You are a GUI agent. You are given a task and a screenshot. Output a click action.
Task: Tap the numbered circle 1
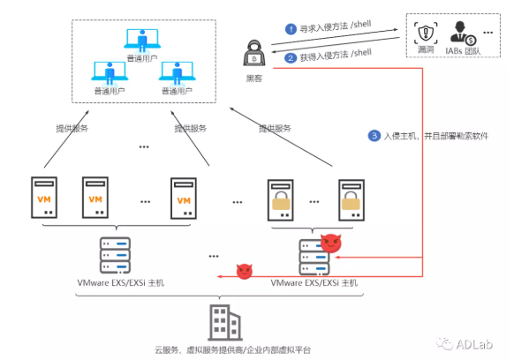(x=289, y=28)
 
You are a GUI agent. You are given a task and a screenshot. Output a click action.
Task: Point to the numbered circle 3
(x=374, y=136)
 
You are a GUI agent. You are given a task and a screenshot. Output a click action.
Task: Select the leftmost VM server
(x=43, y=197)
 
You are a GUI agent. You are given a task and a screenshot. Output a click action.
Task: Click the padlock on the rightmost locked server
(x=351, y=202)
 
